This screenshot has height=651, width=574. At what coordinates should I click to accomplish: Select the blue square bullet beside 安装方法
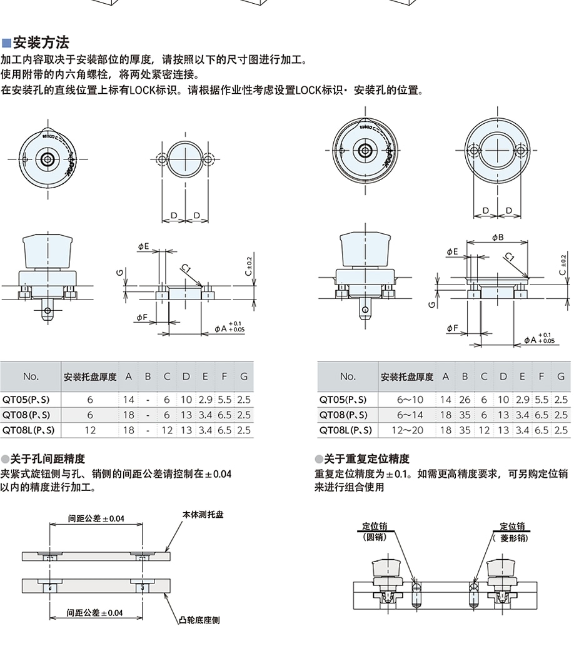(x=6, y=43)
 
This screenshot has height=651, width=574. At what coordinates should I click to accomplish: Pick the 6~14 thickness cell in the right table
(x=410, y=415)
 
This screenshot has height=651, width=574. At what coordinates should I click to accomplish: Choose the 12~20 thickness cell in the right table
(x=410, y=430)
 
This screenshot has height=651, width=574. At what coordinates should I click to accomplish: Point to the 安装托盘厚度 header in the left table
(x=90, y=377)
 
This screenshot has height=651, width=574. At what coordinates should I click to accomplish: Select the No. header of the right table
(x=348, y=376)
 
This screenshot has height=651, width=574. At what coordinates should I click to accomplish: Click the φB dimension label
(x=498, y=237)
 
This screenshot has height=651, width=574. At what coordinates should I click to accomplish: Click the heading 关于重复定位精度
(x=366, y=459)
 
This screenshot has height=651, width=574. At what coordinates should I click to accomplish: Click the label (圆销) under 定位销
(x=375, y=537)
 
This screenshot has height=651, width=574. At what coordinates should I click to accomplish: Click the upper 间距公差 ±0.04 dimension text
(x=96, y=518)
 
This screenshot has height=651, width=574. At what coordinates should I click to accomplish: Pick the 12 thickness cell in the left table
(x=90, y=430)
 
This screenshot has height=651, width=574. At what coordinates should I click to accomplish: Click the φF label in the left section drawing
(x=142, y=318)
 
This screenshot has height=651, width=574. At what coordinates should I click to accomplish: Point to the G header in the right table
(x=561, y=376)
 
